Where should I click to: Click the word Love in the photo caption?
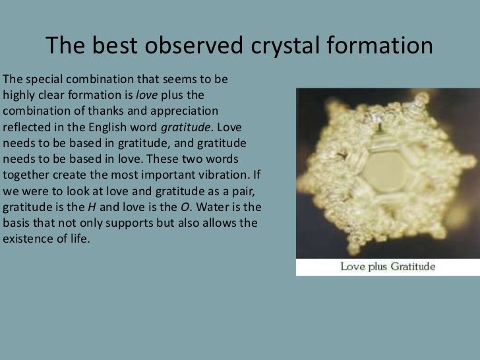(352, 267)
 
